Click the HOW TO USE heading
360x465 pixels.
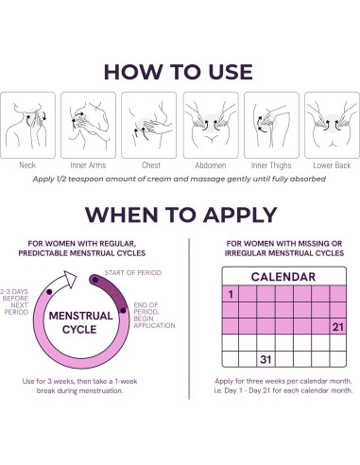click(179, 72)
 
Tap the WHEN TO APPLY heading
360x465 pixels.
click(181, 215)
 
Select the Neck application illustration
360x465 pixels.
click(27, 125)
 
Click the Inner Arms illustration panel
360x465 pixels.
click(88, 125)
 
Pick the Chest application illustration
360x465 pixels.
click(149, 125)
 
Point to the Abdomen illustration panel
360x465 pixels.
click(211, 125)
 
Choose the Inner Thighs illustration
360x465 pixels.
click(271, 125)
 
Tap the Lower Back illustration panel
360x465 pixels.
click(332, 125)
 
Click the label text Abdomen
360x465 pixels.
click(211, 165)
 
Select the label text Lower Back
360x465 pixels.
click(332, 165)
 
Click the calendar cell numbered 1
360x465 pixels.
click(231, 294)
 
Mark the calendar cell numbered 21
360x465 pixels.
click(338, 327)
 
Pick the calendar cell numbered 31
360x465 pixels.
click(266, 359)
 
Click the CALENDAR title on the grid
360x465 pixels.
click(283, 277)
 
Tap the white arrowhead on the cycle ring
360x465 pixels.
click(70, 279)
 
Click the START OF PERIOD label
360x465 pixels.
click(133, 273)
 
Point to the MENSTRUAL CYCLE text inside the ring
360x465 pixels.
click(80, 322)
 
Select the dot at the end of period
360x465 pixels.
click(123, 311)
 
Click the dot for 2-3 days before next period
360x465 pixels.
click(49, 292)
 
